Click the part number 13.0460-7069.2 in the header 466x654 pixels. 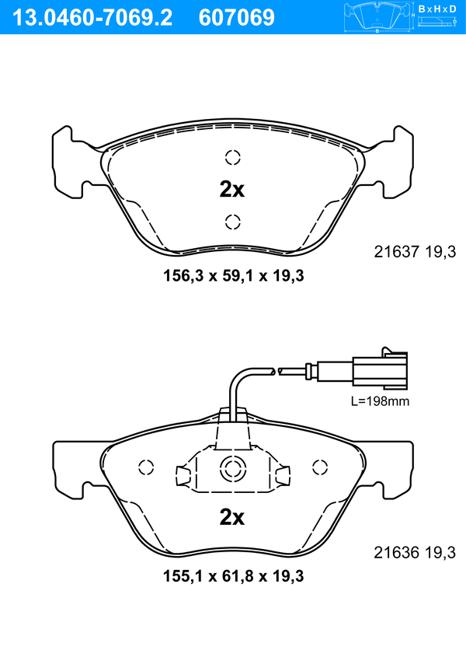coord(92,18)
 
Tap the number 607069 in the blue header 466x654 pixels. coord(237,18)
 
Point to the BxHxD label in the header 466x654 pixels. coord(436,9)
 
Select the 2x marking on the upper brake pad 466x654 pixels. coord(232,190)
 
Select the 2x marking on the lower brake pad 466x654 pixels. coord(232,518)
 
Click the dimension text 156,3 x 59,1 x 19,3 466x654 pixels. coord(234,276)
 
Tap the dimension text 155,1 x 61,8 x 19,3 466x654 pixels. coord(234,576)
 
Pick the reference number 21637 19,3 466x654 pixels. coord(415,252)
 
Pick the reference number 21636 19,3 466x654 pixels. coord(415,553)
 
